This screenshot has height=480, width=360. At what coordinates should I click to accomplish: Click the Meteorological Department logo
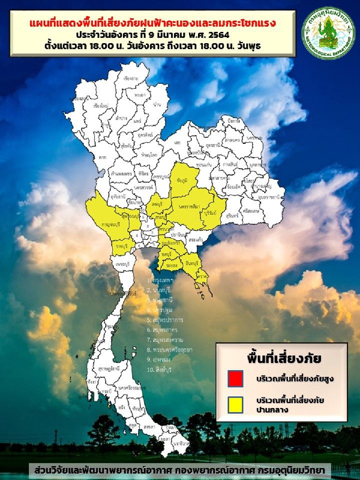[328, 33]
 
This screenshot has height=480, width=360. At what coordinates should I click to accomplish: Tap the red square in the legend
[235, 378]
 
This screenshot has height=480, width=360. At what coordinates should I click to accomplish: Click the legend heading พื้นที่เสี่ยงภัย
[284, 358]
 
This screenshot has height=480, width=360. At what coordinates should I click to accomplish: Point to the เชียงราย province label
[131, 79]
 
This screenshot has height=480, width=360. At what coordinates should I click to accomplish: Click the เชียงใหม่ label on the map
[101, 106]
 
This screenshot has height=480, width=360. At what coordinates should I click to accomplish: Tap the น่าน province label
[157, 105]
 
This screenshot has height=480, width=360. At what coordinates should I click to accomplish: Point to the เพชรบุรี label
[122, 264]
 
